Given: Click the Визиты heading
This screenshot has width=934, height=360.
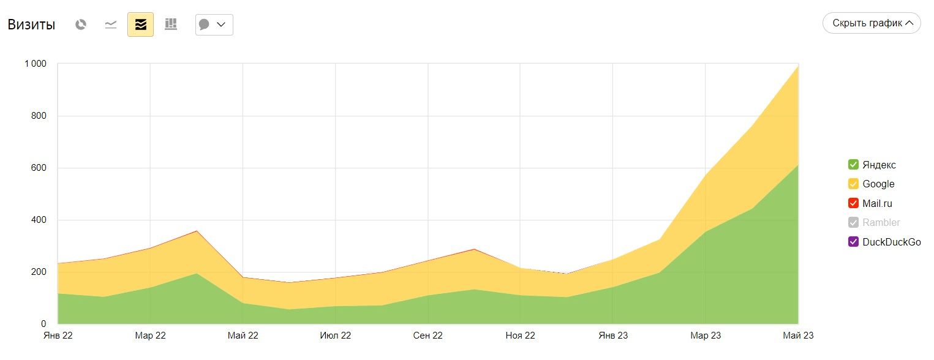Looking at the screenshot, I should click(x=31, y=24).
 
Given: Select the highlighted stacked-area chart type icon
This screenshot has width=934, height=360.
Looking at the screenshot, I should click(x=140, y=24).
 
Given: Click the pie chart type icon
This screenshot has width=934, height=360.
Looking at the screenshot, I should click(x=81, y=24).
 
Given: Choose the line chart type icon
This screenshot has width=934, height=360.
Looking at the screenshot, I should click(x=111, y=24).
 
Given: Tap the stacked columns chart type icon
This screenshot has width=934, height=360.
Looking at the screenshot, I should click(x=171, y=24).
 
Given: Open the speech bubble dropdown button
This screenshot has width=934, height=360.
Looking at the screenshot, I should click(x=214, y=24).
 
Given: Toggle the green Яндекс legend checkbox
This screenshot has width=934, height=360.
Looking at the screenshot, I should click(x=853, y=165).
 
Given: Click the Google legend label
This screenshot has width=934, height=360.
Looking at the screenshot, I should click(x=878, y=184).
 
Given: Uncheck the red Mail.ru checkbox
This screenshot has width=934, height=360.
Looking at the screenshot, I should click(x=853, y=203).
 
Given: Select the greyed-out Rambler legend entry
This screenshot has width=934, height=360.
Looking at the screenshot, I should click(x=881, y=223).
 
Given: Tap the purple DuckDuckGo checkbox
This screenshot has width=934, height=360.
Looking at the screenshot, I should click(x=853, y=242).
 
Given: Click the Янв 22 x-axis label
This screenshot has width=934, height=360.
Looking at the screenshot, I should click(x=58, y=336).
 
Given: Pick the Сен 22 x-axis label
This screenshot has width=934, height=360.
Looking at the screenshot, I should click(x=427, y=336).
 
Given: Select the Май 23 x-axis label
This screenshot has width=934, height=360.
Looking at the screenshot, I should click(x=798, y=336).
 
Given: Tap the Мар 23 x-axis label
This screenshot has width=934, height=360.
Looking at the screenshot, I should click(x=706, y=336).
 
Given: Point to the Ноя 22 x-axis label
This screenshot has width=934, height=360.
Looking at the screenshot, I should click(x=520, y=336).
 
